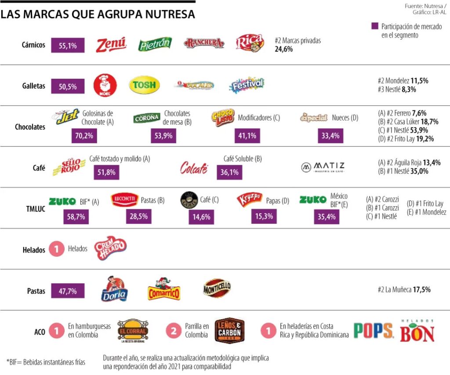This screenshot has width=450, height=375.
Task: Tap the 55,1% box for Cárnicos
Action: tap(68, 45)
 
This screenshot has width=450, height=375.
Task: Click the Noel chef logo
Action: tap(105, 85)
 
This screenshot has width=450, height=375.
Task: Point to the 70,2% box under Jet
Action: tap(84, 136)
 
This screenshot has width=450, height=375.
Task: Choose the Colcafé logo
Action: tap(194, 168)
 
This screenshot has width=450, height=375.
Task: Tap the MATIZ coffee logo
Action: tap(323, 167)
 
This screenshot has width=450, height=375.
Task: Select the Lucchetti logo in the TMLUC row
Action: tap(124, 200)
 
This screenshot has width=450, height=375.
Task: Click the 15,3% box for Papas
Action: tap(264, 216)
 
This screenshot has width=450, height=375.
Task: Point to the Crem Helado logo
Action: tap(110, 249)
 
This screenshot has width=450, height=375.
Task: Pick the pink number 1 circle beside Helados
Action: tap(56, 249)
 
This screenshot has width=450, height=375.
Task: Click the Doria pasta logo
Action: tap(114, 290)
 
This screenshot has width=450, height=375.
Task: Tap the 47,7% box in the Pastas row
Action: tap(68, 291)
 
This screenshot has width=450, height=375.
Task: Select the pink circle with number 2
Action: tap(174, 331)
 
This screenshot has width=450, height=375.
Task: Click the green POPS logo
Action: tap(373, 331)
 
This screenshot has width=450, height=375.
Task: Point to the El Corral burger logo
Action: tap(133, 331)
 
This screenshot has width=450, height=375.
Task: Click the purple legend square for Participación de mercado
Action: tap(375, 26)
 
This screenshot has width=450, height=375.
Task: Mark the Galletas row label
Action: tap(34, 86)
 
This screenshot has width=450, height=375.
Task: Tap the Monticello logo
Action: tap(217, 288)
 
